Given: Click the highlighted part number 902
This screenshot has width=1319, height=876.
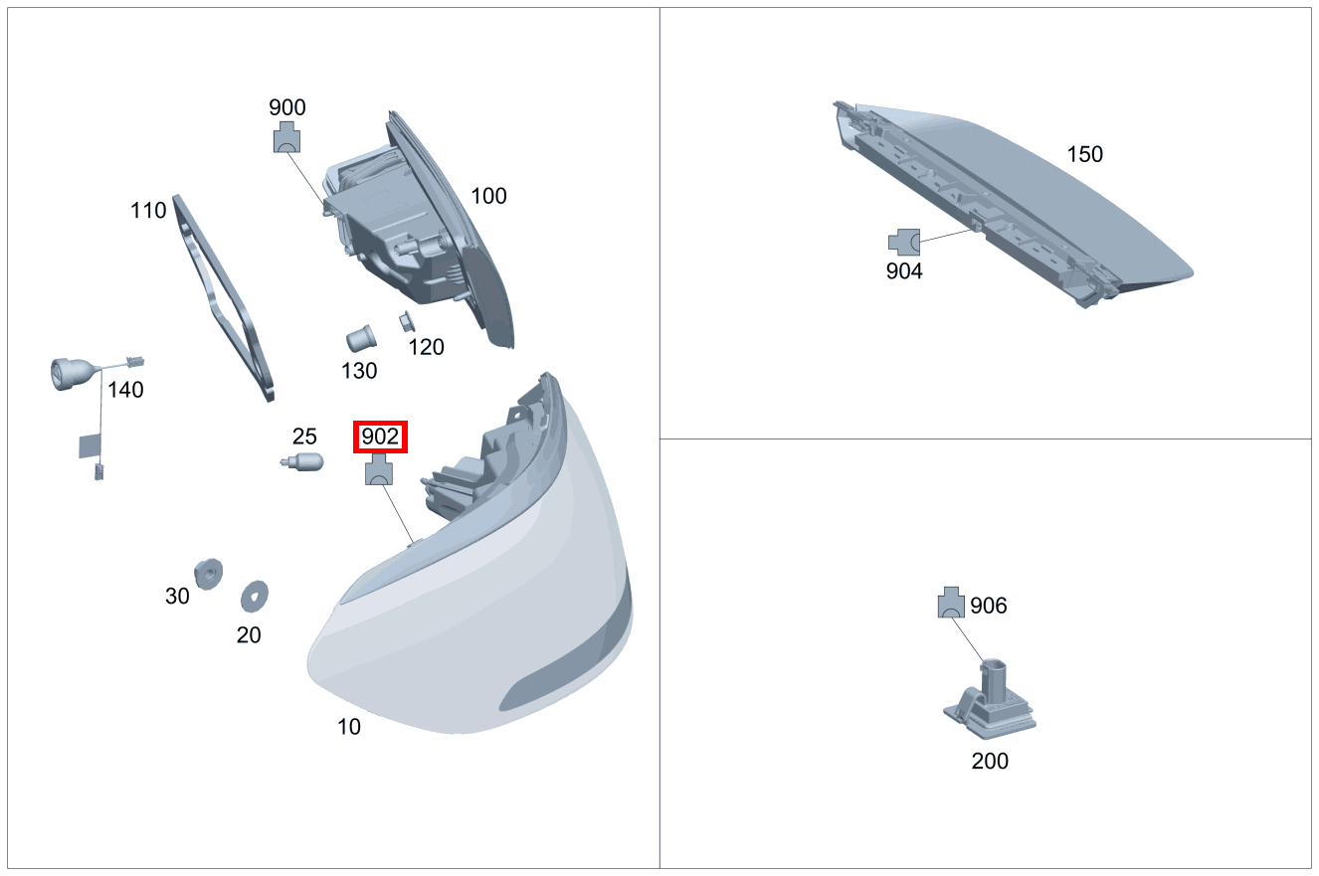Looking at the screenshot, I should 380,437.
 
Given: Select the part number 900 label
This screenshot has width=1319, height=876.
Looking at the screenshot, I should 287,107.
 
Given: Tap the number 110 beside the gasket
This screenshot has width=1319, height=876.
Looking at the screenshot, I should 148,211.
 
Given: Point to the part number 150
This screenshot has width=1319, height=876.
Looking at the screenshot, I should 1084,154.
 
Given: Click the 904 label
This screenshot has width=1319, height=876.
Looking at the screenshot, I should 904,270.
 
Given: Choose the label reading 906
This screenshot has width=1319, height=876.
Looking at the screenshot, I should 988,606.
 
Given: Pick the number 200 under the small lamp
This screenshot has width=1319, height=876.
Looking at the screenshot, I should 989,762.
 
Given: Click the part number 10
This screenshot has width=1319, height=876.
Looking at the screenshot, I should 348,727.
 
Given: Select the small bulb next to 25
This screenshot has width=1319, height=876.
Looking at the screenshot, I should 301,462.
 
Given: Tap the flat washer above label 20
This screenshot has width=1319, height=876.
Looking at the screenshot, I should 256,597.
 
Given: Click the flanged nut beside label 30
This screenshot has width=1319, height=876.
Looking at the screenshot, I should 209,574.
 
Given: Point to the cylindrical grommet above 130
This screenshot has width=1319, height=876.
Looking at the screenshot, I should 360,338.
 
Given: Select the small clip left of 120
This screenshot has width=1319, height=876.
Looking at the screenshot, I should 407,321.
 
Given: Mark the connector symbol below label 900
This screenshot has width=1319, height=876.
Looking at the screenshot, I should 287,137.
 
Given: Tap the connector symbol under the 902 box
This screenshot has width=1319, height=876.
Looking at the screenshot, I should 380,470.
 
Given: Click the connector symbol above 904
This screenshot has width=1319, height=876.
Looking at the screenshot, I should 904,241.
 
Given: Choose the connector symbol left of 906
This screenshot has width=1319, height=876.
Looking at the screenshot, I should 951,603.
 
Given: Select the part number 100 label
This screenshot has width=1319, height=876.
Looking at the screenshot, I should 488,196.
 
